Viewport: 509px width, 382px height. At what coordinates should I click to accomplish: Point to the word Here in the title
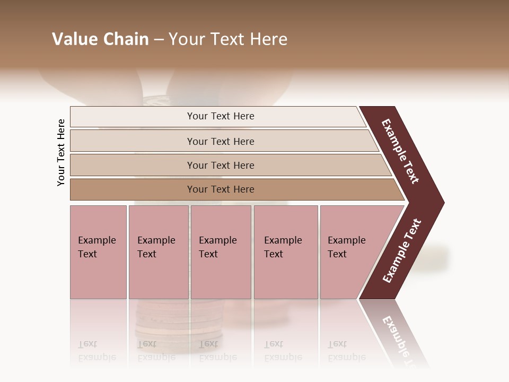268,39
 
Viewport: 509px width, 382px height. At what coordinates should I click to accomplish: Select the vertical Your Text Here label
61,152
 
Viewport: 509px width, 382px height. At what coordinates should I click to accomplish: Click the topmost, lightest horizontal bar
220,116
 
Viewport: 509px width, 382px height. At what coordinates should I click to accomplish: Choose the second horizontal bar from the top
220,141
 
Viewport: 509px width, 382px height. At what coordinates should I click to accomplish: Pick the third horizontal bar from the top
220,165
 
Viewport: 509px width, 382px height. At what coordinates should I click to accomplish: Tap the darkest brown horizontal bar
220,189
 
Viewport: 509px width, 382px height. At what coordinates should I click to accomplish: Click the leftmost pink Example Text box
98,252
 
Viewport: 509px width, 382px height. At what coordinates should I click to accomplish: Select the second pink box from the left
158,252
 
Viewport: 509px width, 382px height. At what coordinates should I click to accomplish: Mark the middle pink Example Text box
221,252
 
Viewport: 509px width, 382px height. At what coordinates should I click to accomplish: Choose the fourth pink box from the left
286,252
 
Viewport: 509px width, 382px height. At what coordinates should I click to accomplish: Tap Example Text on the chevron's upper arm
401,151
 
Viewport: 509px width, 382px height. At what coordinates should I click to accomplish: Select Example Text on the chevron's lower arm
401,251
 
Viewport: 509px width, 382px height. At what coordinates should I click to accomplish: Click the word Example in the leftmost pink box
96,240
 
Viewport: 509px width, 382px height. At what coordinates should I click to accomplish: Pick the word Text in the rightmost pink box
337,254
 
